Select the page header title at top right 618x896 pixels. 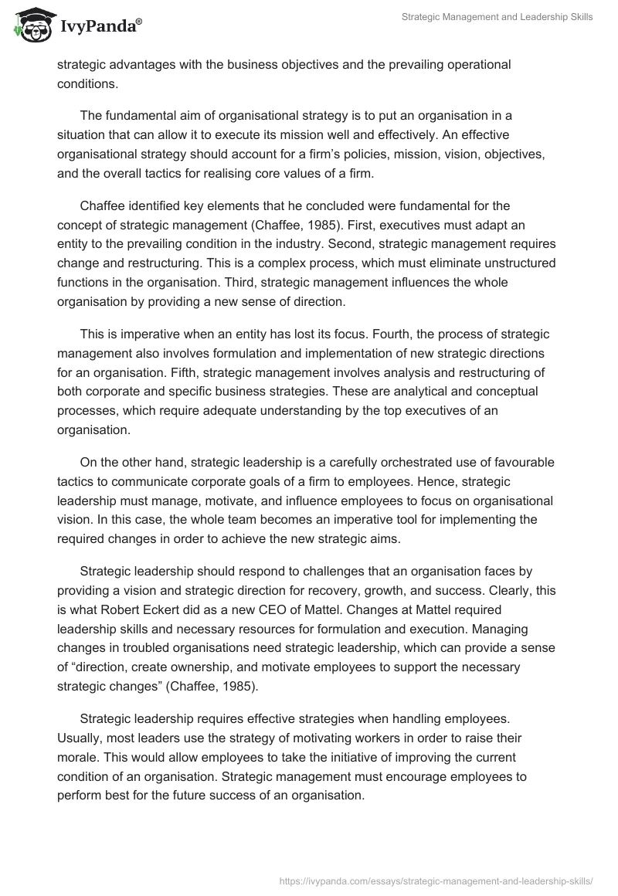pyautogui.click(x=497, y=17)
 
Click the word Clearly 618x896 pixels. pyautogui.click(x=535, y=590)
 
